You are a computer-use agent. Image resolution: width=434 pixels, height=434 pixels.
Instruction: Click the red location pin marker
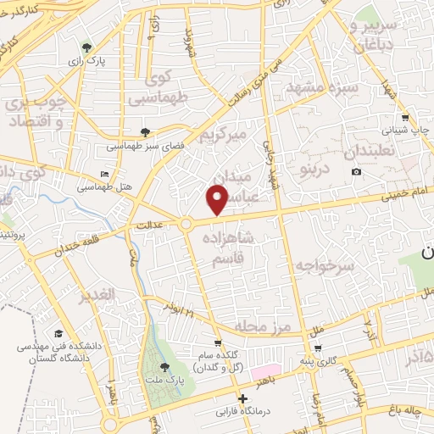pyautogui.click(x=218, y=198)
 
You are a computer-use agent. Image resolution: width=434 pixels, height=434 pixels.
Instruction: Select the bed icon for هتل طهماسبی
pyautogui.click(x=104, y=175)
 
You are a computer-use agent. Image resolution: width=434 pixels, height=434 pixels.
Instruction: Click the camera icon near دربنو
pyautogui.click(x=356, y=172)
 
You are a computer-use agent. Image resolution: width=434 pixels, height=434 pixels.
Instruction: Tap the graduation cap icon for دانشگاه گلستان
pyautogui.click(x=58, y=333)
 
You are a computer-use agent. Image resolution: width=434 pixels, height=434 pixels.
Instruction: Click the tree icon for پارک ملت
pyautogui.click(x=164, y=366)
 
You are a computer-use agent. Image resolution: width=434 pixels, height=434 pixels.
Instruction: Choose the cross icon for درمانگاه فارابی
pyautogui.click(x=243, y=398)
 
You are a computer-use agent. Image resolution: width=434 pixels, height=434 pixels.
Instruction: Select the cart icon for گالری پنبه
pyautogui.click(x=317, y=348)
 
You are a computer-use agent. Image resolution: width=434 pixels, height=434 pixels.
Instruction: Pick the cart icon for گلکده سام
pyautogui.click(x=218, y=343)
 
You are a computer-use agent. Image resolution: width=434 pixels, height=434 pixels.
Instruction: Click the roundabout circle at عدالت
pyautogui.click(x=186, y=224)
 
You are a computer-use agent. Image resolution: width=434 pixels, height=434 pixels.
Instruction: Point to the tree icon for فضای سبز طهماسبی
pyautogui.click(x=146, y=131)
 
